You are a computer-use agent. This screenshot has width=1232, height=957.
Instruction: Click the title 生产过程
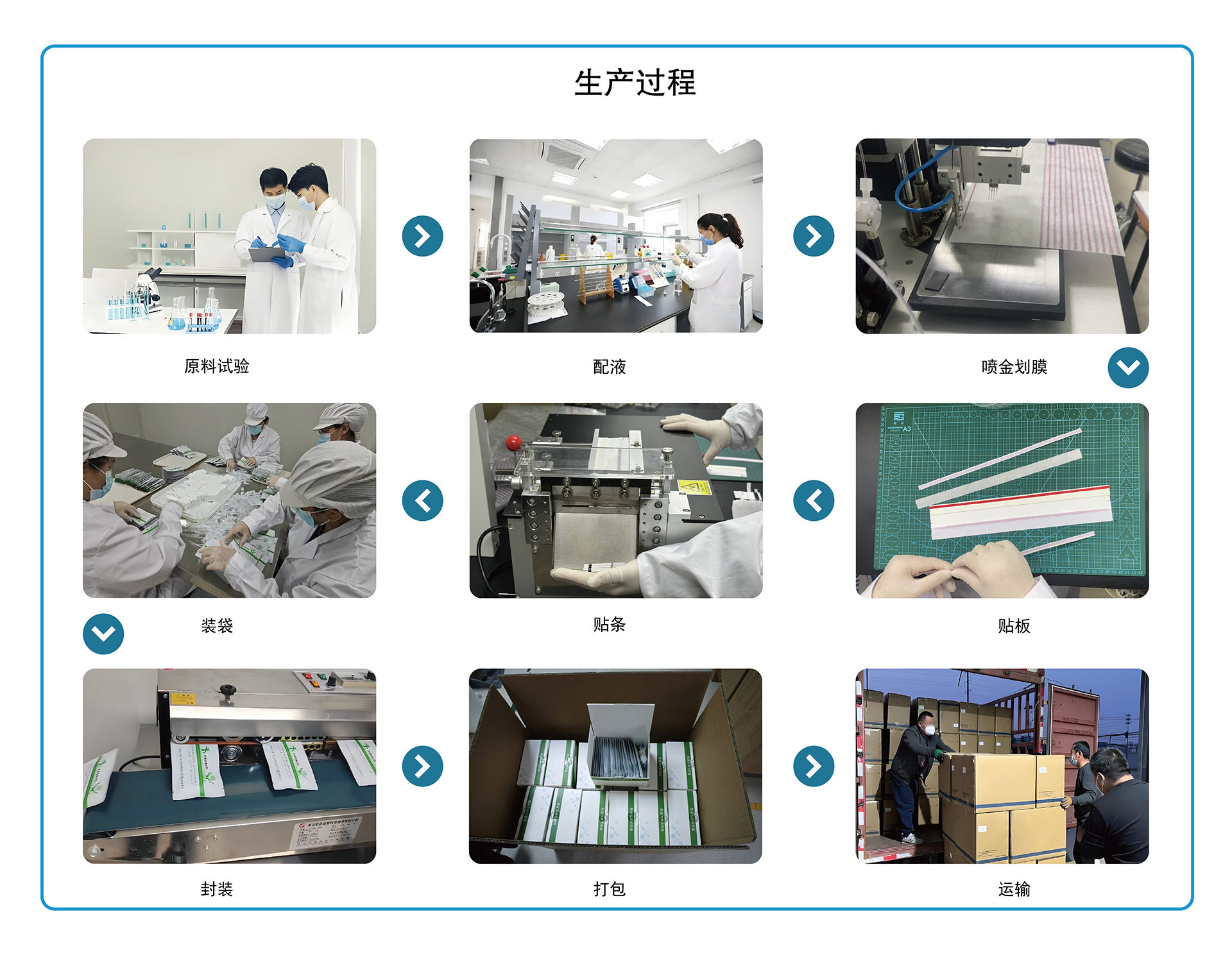tap(635, 83)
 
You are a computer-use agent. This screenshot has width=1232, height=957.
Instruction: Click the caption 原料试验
tap(216, 366)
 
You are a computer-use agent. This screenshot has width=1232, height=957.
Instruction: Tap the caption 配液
tap(609, 367)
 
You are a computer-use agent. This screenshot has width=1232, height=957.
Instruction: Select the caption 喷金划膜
tap(1014, 367)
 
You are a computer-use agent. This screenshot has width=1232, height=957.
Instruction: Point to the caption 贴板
tap(1014, 625)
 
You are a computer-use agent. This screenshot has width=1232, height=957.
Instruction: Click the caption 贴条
tap(609, 624)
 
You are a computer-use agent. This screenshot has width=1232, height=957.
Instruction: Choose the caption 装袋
tap(216, 625)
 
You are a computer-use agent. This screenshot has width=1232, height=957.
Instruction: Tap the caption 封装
tap(216, 889)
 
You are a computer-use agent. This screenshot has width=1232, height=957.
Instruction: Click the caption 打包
tap(609, 889)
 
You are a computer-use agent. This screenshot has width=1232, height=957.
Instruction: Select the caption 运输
tap(1014, 889)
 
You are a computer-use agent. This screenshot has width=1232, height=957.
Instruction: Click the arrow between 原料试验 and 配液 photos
tap(422, 236)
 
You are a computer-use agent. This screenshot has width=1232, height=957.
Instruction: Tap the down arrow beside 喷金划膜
tap(1128, 368)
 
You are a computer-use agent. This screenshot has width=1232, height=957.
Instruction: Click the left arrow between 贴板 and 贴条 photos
tap(813, 500)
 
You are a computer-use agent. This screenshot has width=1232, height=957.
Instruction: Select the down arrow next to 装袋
tap(103, 634)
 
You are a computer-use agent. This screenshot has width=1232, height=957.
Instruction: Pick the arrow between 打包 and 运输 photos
tap(813, 766)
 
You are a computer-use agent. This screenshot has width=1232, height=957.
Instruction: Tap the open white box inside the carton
tap(619, 744)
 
